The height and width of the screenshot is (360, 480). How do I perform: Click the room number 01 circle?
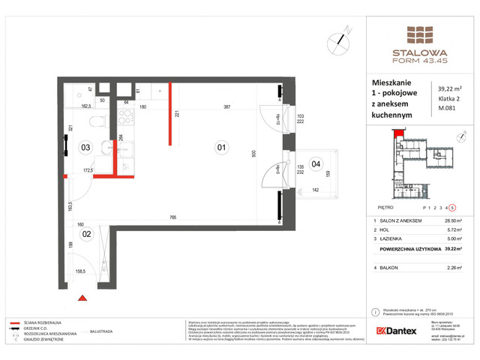[221, 148]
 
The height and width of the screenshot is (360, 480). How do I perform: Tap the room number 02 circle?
[86, 233]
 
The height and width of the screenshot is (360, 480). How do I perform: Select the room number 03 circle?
[86, 148]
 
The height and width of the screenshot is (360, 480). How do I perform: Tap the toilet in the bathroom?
[90, 121]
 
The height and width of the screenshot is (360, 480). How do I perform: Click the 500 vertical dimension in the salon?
[253, 153]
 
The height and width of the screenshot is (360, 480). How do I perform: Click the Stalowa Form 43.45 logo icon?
[419, 35]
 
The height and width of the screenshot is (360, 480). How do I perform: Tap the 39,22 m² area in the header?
[450, 91]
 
